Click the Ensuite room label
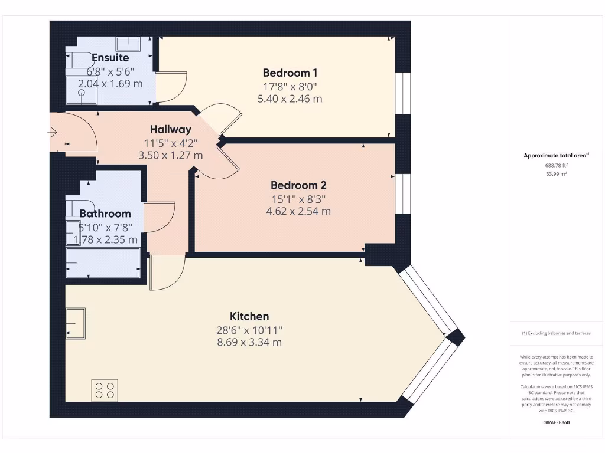(x=110, y=58)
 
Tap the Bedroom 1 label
(x=290, y=73)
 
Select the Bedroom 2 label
(x=298, y=185)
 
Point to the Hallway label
(x=170, y=129)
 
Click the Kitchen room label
(x=249, y=316)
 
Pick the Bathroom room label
(x=105, y=214)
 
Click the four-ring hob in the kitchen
(x=105, y=390)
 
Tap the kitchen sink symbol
(x=76, y=324)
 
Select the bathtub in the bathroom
(x=103, y=262)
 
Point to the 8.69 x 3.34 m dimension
(x=249, y=342)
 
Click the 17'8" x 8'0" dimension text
(x=290, y=86)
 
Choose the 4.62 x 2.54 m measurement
(x=298, y=211)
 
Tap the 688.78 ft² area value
(x=555, y=166)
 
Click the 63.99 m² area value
(x=555, y=174)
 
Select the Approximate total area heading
(x=555, y=156)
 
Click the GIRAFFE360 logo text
(x=555, y=422)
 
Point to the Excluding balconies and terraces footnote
(x=555, y=333)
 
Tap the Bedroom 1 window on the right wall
(x=402, y=93)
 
